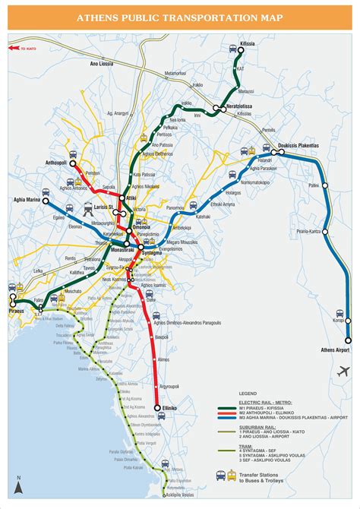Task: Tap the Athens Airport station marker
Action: click(x=349, y=341)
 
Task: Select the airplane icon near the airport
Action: click(x=344, y=371)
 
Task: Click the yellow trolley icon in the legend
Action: click(x=231, y=476)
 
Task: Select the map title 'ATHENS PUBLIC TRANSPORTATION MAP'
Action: click(x=180, y=17)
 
